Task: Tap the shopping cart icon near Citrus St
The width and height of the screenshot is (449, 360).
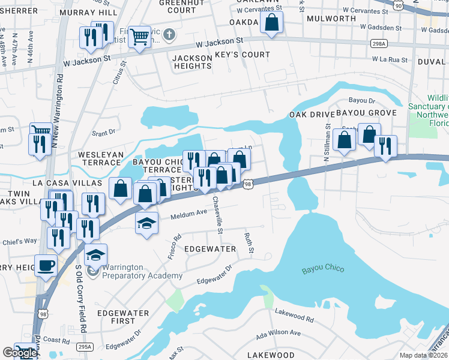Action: (139, 37)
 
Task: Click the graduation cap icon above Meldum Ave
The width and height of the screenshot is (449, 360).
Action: (146, 223)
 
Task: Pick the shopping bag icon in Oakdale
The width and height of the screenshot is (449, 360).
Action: (272, 23)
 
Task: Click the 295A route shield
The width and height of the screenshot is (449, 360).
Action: (85, 347)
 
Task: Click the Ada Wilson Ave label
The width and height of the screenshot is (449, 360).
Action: (278, 332)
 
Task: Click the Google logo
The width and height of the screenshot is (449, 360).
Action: (19, 353)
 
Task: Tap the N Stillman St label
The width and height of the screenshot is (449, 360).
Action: (327, 142)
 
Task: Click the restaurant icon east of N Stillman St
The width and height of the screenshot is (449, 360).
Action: (385, 146)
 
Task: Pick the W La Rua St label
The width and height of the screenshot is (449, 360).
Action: (390, 60)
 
